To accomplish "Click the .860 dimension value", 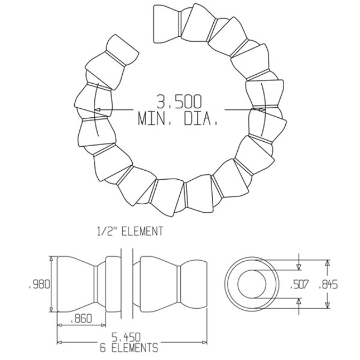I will [82, 320].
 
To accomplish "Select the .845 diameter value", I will [327, 284].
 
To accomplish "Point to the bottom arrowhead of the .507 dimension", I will [299, 302].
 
